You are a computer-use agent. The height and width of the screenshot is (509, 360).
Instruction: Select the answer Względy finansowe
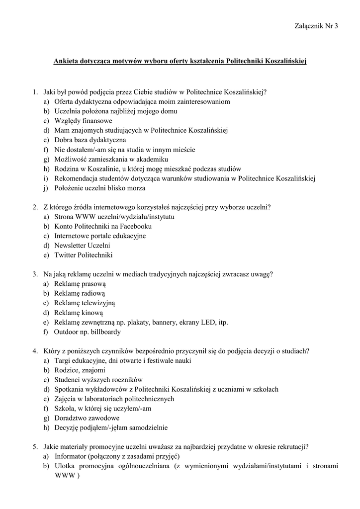click(x=83, y=121)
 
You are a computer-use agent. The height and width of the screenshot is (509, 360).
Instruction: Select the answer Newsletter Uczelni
click(x=82, y=246)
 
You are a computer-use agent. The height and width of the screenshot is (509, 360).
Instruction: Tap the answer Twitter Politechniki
click(x=84, y=255)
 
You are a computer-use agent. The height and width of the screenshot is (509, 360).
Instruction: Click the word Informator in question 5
click(x=71, y=456)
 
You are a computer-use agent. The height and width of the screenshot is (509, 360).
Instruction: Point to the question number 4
click(x=35, y=351)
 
